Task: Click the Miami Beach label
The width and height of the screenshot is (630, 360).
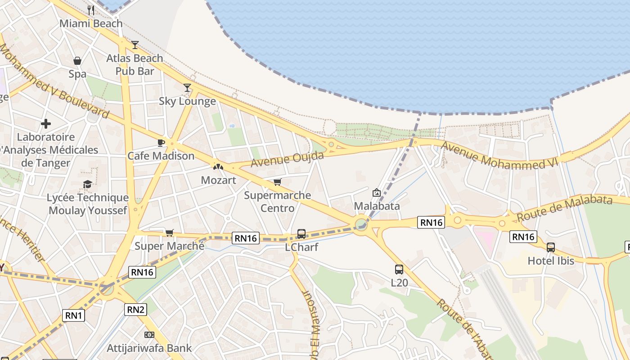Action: [91, 23]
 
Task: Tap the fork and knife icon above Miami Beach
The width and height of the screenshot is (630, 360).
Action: [91, 10]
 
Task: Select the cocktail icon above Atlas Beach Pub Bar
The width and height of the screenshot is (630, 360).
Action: [135, 45]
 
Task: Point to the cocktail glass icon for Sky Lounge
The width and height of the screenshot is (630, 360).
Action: [187, 87]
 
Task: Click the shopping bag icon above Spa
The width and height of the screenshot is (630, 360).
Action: [77, 60]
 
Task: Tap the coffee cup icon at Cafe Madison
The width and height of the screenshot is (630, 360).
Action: [161, 143]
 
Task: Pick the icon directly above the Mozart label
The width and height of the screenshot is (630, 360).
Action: [218, 166]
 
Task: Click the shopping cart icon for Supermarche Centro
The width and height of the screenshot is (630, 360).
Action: [278, 182]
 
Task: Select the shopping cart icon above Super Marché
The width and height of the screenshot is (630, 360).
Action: [169, 232]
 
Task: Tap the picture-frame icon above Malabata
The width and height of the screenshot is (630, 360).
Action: [377, 193]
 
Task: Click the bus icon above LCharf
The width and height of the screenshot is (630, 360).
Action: [301, 234]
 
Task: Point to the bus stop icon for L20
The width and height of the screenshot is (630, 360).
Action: [399, 269]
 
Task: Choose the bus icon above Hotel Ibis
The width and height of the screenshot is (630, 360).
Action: [551, 247]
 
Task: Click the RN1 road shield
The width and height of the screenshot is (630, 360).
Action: [74, 315]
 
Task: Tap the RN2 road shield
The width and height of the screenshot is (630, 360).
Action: [135, 309]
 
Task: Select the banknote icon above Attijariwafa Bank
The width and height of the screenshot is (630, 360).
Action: [149, 335]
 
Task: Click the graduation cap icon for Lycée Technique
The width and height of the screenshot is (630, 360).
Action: [87, 184]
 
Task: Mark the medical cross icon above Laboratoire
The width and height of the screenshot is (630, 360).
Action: [46, 123]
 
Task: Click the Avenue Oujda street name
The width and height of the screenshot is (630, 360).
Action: [287, 159]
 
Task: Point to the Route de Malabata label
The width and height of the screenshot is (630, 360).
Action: [564, 207]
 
